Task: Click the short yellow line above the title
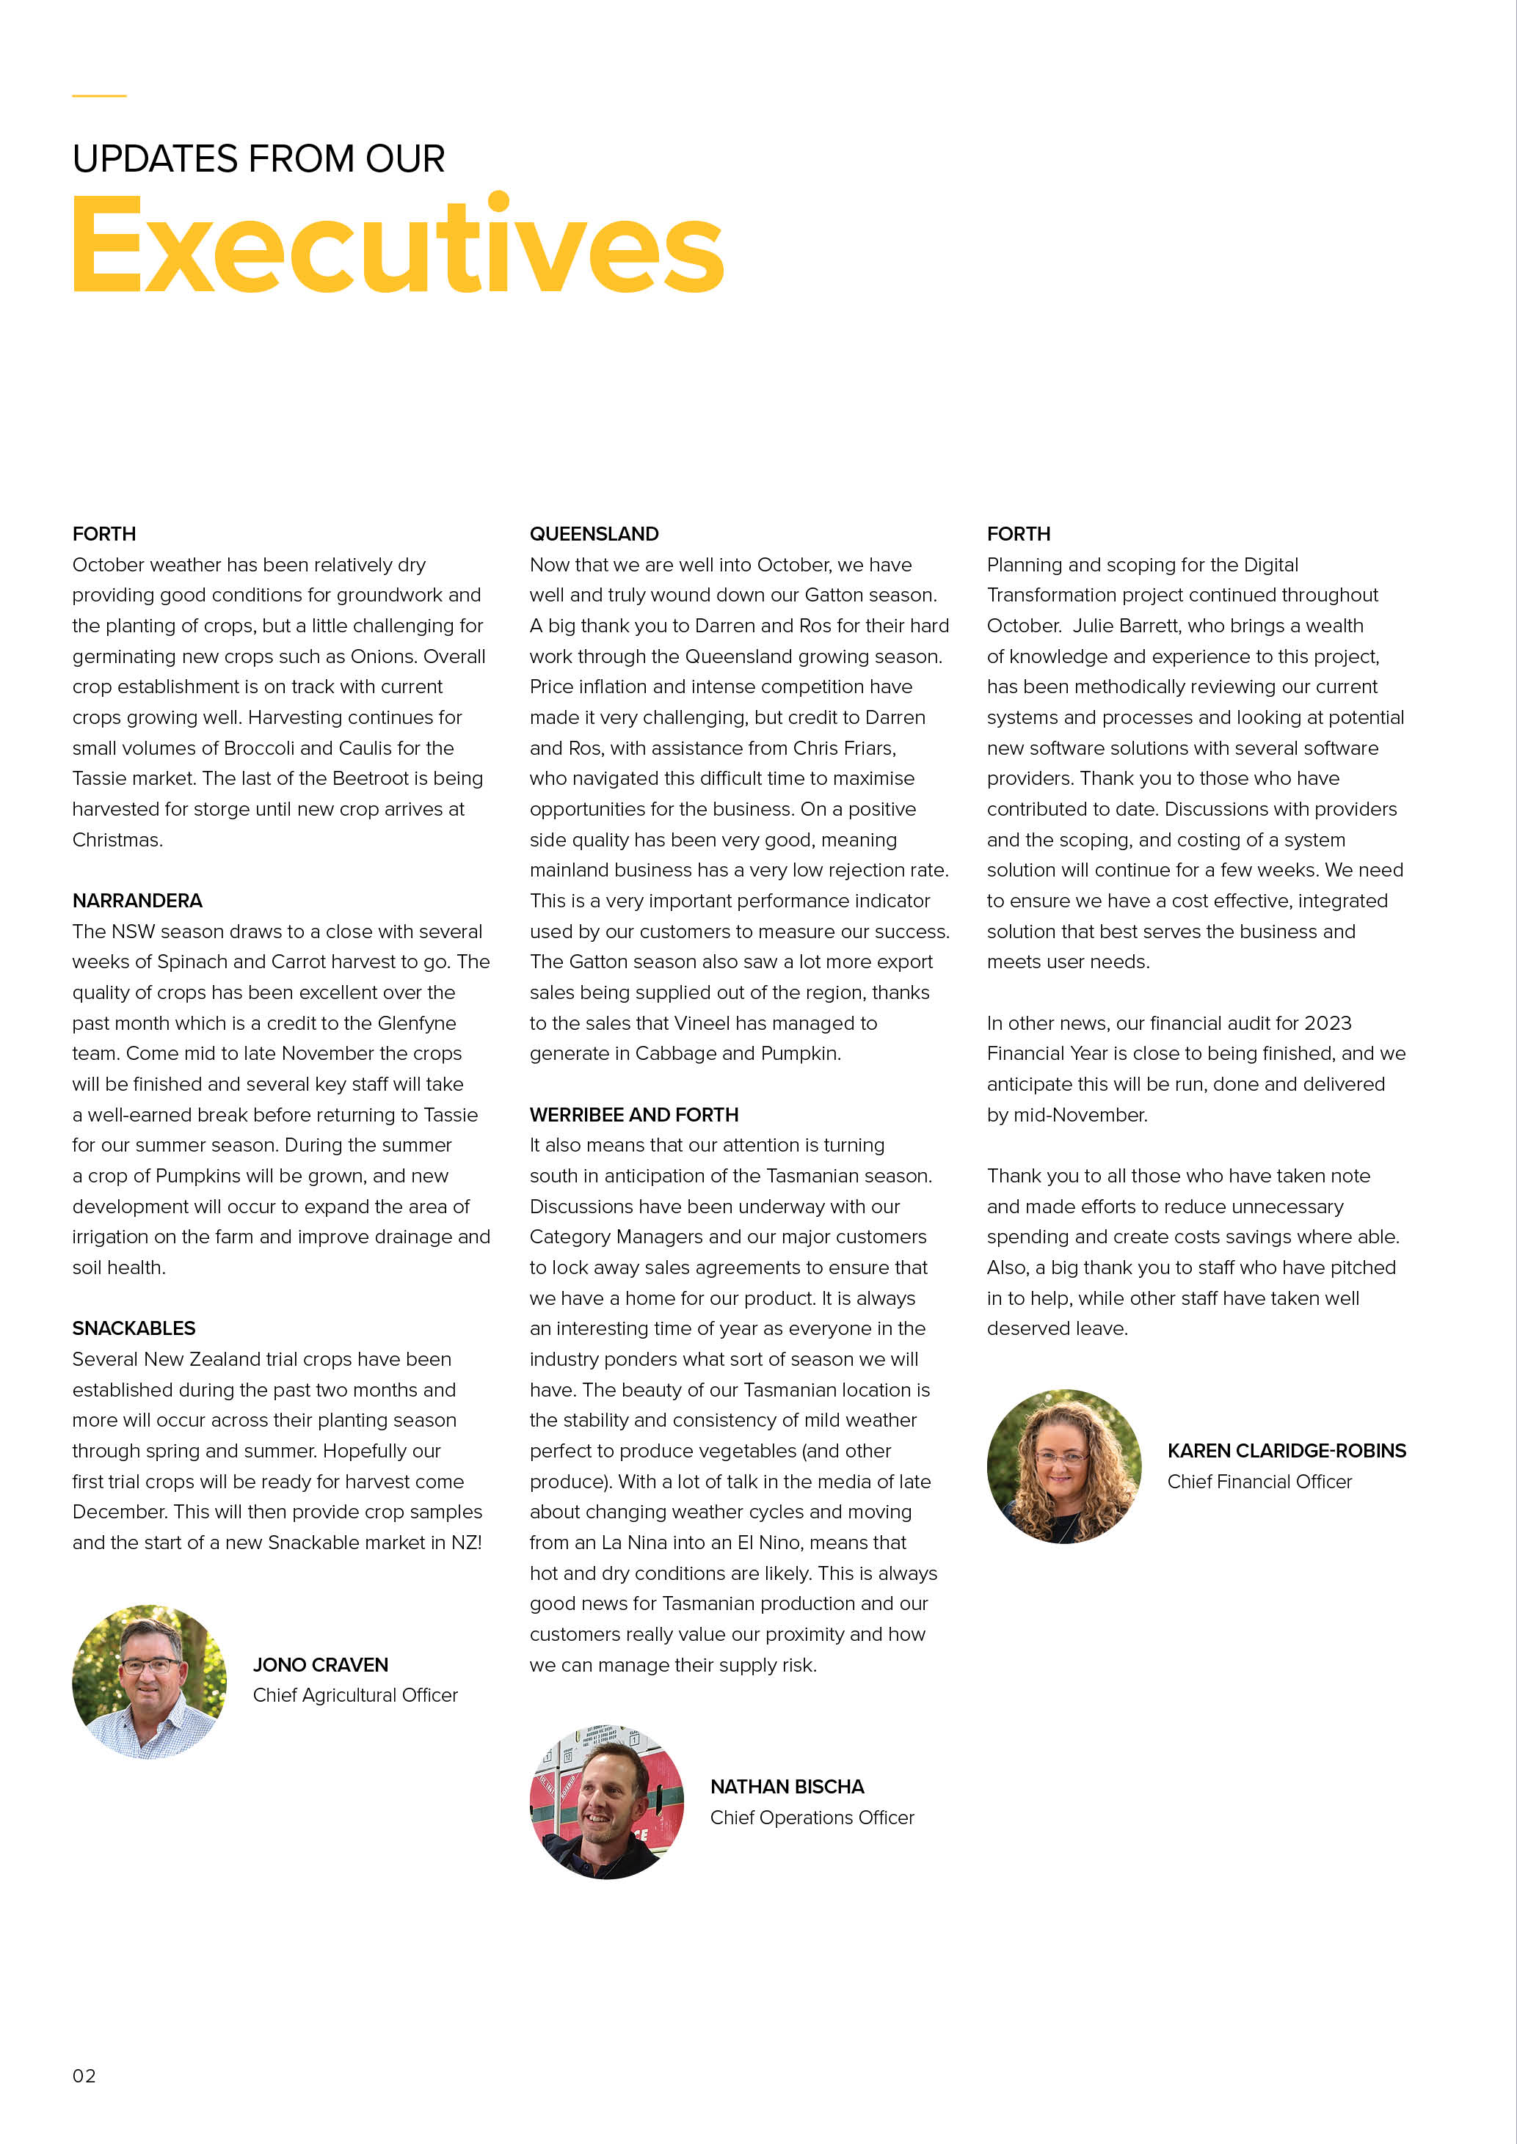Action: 99,95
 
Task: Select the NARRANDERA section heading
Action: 137,900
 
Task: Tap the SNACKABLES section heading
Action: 134,1328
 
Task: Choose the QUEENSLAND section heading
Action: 594,534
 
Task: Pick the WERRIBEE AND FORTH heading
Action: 633,1114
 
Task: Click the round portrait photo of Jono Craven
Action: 150,1682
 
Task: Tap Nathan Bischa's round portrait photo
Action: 606,1802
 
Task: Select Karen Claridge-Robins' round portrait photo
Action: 1064,1466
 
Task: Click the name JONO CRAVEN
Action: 321,1665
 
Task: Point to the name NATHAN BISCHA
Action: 787,1786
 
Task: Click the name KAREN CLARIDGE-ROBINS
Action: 1287,1450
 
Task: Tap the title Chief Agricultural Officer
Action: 355,1695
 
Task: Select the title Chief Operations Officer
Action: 812,1817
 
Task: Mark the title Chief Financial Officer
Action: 1259,1481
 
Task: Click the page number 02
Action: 84,2076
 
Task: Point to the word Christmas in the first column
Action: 117,840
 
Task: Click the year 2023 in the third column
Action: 1328,1022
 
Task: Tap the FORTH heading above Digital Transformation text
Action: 1018,534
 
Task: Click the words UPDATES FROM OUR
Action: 259,158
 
